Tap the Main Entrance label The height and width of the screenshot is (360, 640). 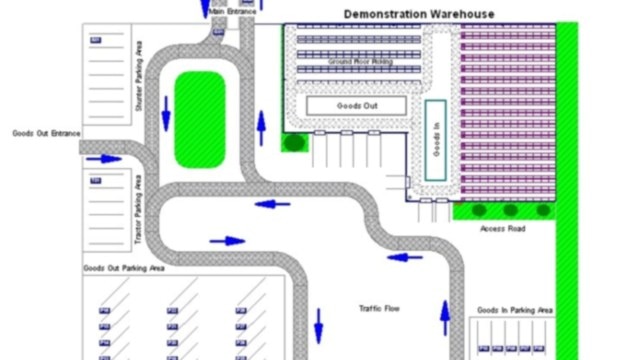coord(232,11)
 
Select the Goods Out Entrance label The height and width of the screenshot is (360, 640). coord(45,132)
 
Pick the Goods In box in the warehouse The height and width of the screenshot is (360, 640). coord(435,140)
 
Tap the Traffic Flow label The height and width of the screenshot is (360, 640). coord(379,309)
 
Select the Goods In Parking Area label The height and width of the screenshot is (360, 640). coord(515,310)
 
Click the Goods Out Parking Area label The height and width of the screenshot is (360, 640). coord(125,269)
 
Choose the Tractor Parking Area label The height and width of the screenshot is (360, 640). coord(138,213)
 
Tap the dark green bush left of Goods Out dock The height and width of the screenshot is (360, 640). coord(294,142)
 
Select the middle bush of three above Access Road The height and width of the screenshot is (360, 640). coord(511,211)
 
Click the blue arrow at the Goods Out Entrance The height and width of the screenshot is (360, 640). coord(103,158)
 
